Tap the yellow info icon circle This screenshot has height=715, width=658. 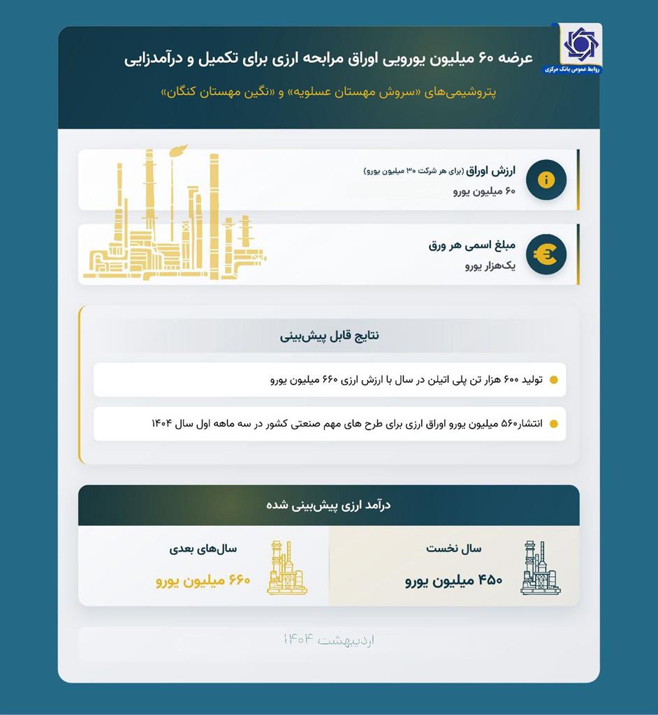(546, 180)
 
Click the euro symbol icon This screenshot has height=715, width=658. (546, 254)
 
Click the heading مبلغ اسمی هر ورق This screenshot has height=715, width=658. (471, 246)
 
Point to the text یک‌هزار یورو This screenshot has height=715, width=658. (490, 266)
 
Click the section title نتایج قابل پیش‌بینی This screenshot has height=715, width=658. (330, 335)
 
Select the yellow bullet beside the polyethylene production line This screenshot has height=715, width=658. (554, 381)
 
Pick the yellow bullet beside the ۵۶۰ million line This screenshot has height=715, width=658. (554, 424)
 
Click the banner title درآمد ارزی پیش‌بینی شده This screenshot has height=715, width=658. (328, 505)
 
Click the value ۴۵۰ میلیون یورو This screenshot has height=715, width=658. (453, 580)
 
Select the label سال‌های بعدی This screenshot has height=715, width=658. (203, 549)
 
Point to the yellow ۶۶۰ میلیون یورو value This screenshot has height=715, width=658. (203, 580)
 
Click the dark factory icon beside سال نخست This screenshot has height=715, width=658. (539, 568)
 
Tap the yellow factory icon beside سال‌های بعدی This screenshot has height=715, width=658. (286, 568)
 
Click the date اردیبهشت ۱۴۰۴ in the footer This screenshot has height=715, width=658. (329, 640)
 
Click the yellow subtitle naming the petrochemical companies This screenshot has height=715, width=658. (329, 91)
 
